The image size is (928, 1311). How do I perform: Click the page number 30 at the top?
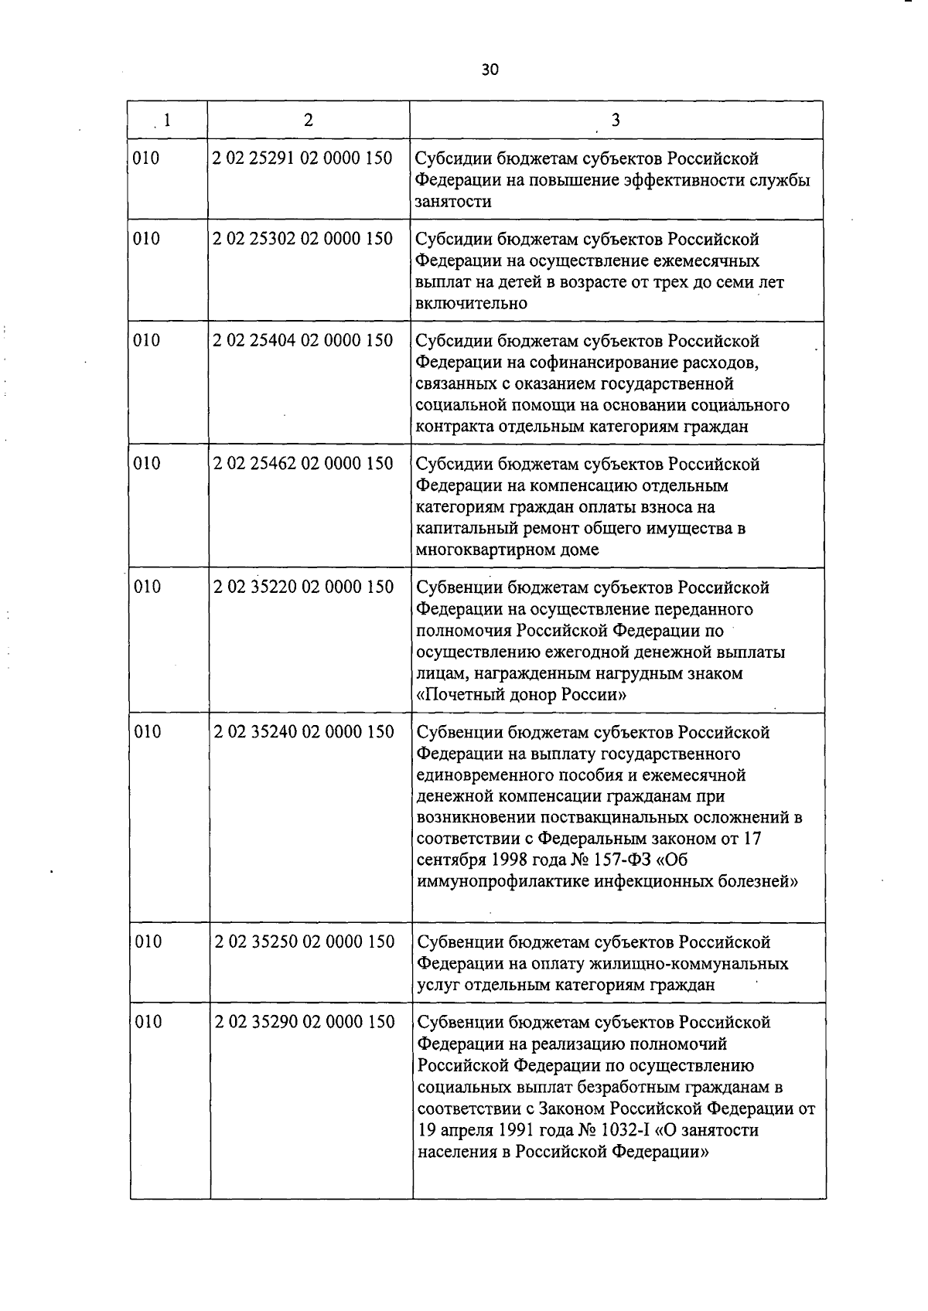click(490, 70)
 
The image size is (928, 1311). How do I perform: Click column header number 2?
click(309, 120)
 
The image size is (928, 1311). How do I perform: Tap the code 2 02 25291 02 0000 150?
click(302, 158)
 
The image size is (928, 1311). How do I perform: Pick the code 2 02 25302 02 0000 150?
click(302, 239)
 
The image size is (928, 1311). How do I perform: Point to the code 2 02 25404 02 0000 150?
click(302, 340)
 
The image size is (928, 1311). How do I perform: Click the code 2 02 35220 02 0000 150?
click(303, 587)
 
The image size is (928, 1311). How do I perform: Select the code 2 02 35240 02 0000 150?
click(303, 731)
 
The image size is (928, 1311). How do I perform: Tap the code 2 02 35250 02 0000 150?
click(304, 942)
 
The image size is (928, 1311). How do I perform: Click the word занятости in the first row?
click(453, 202)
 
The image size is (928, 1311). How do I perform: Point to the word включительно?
click(472, 303)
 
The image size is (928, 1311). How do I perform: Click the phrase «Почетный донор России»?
click(521, 695)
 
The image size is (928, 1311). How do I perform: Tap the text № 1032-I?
click(614, 1130)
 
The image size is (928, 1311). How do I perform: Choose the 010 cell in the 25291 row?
click(146, 158)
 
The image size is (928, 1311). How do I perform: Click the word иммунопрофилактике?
click(503, 881)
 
